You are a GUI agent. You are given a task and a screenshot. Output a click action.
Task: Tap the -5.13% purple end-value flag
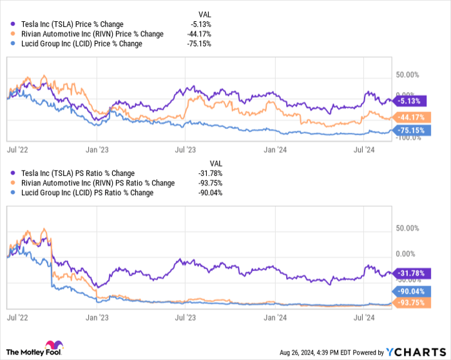point(410,101)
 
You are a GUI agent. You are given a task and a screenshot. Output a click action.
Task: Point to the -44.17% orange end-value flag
point(411,117)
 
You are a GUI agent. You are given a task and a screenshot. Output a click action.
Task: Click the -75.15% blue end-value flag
point(411,130)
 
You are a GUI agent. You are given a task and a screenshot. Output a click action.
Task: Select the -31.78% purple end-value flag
point(411,274)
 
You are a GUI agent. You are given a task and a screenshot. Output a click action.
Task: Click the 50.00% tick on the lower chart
point(408,229)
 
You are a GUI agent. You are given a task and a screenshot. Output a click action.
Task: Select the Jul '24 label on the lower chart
point(366,317)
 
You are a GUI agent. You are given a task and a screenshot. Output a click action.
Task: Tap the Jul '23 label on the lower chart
point(186,317)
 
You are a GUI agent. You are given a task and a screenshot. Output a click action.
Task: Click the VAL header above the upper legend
point(204,14)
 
